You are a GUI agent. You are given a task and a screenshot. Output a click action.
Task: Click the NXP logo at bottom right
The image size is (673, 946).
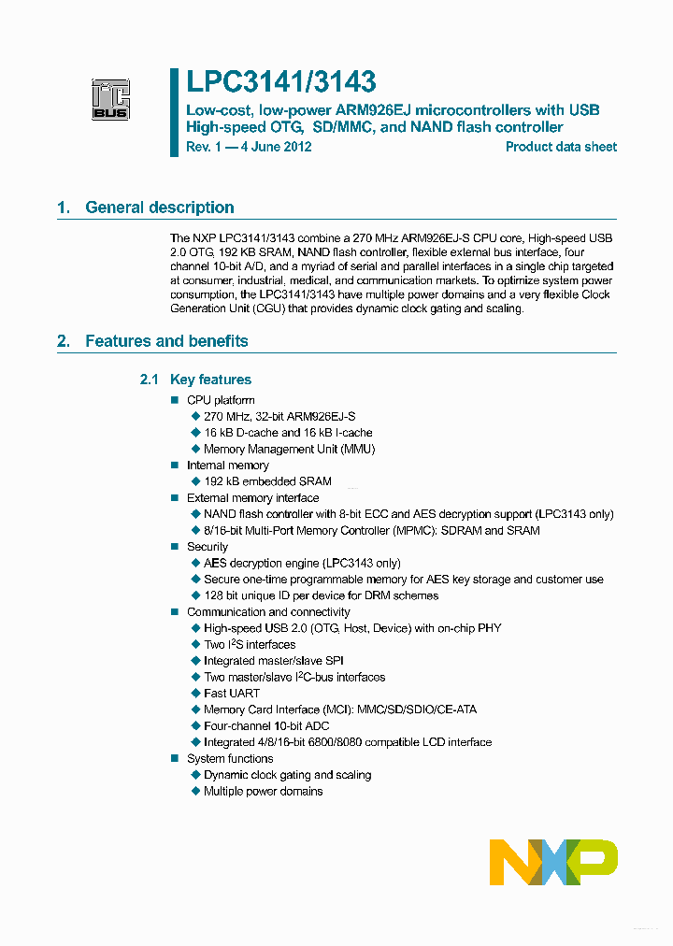click(553, 861)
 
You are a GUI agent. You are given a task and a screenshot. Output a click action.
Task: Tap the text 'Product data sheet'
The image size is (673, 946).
click(561, 147)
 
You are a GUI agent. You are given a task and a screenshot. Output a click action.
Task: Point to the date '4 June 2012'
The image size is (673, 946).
click(272, 147)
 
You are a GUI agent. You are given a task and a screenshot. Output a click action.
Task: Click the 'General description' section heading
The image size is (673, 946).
click(159, 208)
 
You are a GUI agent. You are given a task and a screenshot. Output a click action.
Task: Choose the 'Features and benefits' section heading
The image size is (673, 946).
click(166, 341)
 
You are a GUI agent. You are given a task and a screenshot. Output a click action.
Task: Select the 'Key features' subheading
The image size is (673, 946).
click(210, 380)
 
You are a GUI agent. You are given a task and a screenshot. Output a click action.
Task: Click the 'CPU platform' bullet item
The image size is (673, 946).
click(221, 400)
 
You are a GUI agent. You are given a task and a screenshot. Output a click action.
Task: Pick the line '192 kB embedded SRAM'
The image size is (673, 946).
click(267, 481)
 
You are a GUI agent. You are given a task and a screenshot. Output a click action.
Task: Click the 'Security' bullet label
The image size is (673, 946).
click(208, 547)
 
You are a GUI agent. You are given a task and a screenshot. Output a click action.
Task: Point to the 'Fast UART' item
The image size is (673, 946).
click(232, 694)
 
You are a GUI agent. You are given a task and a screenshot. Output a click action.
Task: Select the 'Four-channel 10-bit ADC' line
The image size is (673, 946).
click(266, 726)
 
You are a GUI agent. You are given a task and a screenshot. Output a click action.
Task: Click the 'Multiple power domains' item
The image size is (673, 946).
click(263, 792)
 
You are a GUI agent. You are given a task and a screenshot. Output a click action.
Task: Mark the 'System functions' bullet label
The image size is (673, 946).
click(230, 759)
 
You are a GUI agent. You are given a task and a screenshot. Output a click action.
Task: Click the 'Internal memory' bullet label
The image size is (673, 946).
click(227, 466)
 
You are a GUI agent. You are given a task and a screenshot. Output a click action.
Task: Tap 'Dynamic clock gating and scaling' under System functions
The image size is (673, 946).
click(287, 775)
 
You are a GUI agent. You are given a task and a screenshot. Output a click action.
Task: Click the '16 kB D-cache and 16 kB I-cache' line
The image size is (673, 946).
click(288, 433)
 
